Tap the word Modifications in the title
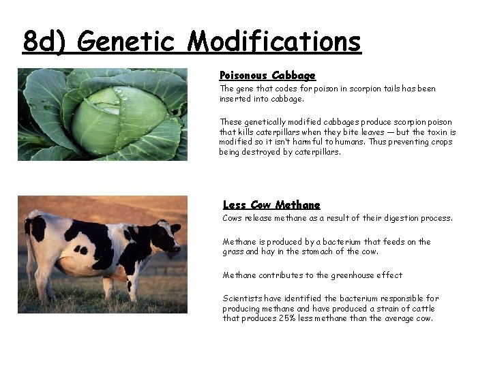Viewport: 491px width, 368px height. pyautogui.click(x=274, y=42)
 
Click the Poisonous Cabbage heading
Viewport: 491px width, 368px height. pyautogui.click(x=267, y=75)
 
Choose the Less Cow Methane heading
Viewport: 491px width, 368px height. pyautogui.click(x=271, y=204)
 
